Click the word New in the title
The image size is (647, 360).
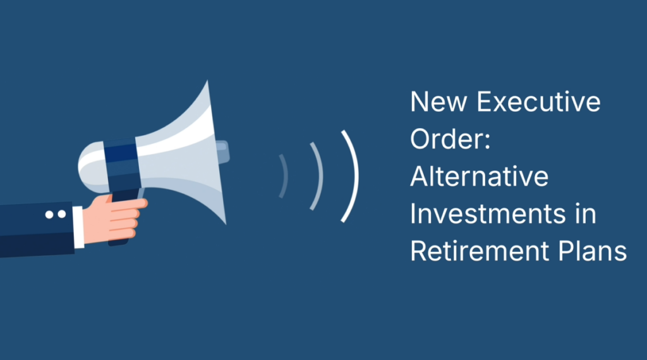coord(438,102)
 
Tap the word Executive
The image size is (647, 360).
coord(539,102)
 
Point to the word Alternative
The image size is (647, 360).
coord(480,176)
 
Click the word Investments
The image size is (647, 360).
coord(488,213)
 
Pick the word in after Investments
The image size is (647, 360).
coord(586,213)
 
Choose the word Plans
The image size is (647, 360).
coord(593,251)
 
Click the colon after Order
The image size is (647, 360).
coord(487,141)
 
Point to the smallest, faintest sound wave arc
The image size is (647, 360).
coord(286,176)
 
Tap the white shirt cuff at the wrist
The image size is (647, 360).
coord(78,227)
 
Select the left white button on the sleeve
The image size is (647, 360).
coord(49,215)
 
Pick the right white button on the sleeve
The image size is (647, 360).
coord(62,214)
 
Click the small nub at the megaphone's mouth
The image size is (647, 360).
coord(222,152)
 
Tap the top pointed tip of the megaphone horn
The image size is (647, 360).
coord(207,81)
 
